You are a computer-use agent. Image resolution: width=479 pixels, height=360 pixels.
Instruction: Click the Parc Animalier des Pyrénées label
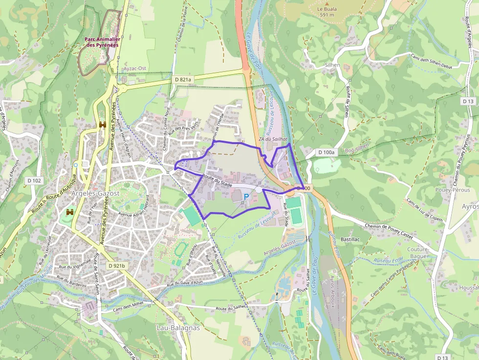pyautogui.click(x=102, y=42)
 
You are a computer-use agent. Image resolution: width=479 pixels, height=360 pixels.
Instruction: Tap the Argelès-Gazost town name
pyautogui.click(x=96, y=193)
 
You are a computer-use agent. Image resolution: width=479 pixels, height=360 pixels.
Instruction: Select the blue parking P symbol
pyautogui.click(x=246, y=196)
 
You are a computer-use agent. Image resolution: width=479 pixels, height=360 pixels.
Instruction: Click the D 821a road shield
pyautogui.click(x=183, y=79)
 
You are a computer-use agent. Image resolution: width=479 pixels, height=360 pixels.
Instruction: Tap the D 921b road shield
pyautogui.click(x=116, y=266)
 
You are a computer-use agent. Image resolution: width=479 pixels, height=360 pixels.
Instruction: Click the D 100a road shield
pyautogui.click(x=327, y=152)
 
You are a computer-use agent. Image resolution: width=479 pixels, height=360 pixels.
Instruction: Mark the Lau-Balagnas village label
pyautogui.click(x=178, y=328)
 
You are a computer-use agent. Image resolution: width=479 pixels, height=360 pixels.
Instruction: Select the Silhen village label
pyautogui.click(x=332, y=64)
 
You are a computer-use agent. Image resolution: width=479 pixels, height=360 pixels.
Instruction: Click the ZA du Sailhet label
pyautogui.click(x=273, y=139)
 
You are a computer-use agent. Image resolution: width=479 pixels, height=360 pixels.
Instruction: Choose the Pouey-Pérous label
pyautogui.click(x=453, y=190)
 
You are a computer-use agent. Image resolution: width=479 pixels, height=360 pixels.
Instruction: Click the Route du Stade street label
pyautogui.click(x=217, y=181)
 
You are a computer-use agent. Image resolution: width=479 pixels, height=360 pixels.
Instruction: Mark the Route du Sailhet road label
pyautogui.click(x=233, y=309)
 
